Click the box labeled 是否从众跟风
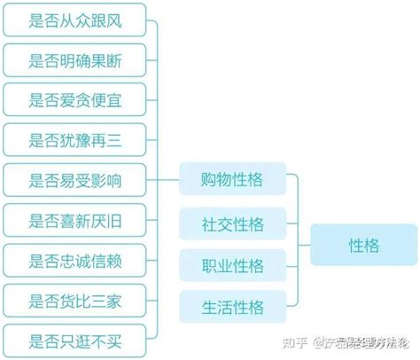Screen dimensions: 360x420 74,20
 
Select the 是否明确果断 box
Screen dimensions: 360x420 74,60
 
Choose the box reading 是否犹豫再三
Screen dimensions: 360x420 74,140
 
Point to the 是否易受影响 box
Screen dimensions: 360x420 74,180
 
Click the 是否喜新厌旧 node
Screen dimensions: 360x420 74,221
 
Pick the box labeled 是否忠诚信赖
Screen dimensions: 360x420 74,261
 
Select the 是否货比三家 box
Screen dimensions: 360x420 74,301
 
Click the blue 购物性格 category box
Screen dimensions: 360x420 233,179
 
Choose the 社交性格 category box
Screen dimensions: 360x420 233,223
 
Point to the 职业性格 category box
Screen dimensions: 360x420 233,265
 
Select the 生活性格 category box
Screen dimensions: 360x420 233,307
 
